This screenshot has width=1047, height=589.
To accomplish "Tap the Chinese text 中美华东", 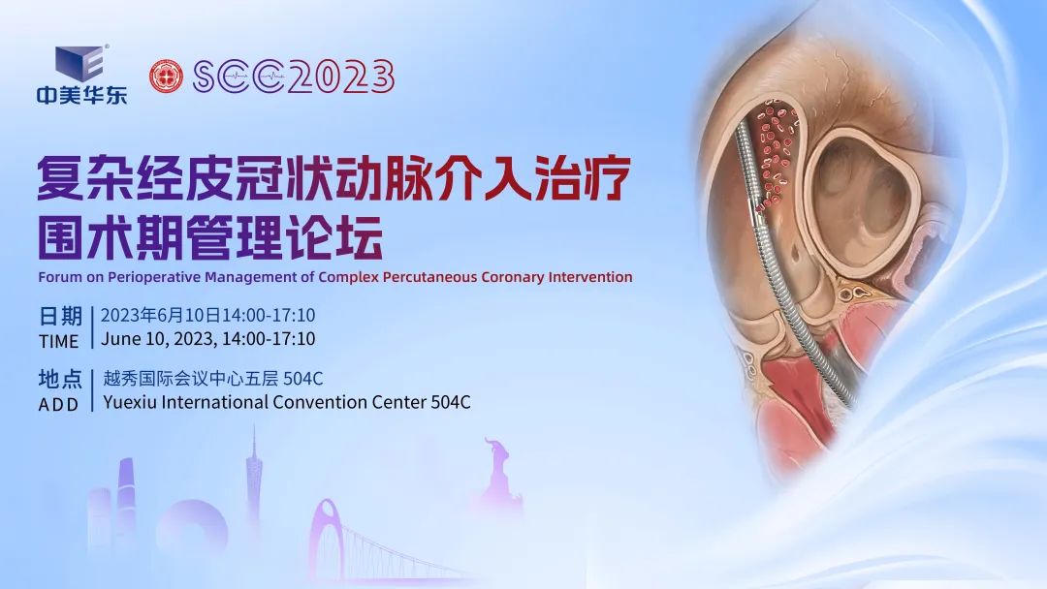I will [81, 95].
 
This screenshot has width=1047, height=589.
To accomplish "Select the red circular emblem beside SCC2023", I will [166, 77].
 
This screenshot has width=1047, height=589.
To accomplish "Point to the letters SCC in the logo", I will [238, 77].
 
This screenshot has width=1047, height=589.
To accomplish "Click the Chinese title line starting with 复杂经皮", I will [334, 178].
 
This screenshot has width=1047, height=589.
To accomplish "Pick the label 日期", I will [60, 317].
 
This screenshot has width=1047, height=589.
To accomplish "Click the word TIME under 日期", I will [59, 341].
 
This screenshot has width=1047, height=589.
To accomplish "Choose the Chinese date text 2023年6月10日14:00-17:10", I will [207, 316].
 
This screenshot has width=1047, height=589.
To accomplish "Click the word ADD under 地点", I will [59, 405].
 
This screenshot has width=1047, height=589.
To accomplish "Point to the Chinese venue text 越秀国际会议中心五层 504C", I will [212, 379].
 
